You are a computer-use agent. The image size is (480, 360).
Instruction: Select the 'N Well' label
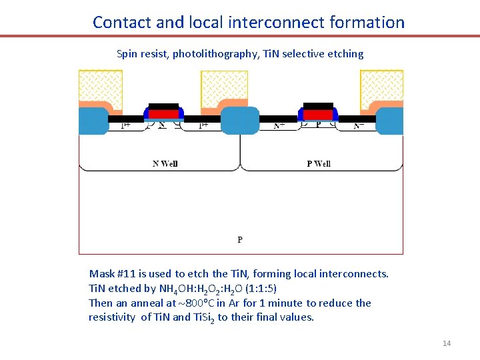[165, 163]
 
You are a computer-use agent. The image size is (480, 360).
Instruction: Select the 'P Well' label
[318, 163]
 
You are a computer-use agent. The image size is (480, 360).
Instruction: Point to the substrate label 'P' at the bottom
[240, 239]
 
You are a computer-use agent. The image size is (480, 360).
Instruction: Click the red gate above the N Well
[163, 114]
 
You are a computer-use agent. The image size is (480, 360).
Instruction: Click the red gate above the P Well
[318, 114]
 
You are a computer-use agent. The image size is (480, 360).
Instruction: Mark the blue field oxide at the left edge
[93, 121]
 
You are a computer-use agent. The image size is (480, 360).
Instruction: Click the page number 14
[447, 343]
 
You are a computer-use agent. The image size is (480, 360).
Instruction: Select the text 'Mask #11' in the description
[111, 274]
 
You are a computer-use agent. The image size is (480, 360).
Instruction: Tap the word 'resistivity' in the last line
[112, 317]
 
